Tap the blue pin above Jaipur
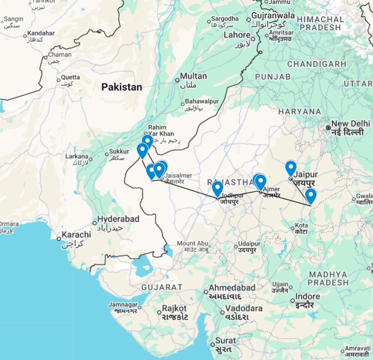(291, 168)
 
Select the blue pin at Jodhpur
(218, 188)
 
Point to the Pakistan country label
(122, 87)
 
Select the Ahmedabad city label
(232, 287)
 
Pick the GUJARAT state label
(162, 287)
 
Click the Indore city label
(308, 296)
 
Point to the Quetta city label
(71, 77)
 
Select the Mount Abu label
(193, 244)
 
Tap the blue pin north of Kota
(310, 196)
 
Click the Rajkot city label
(174, 308)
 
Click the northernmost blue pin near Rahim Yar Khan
(147, 141)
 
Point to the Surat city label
(225, 341)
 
